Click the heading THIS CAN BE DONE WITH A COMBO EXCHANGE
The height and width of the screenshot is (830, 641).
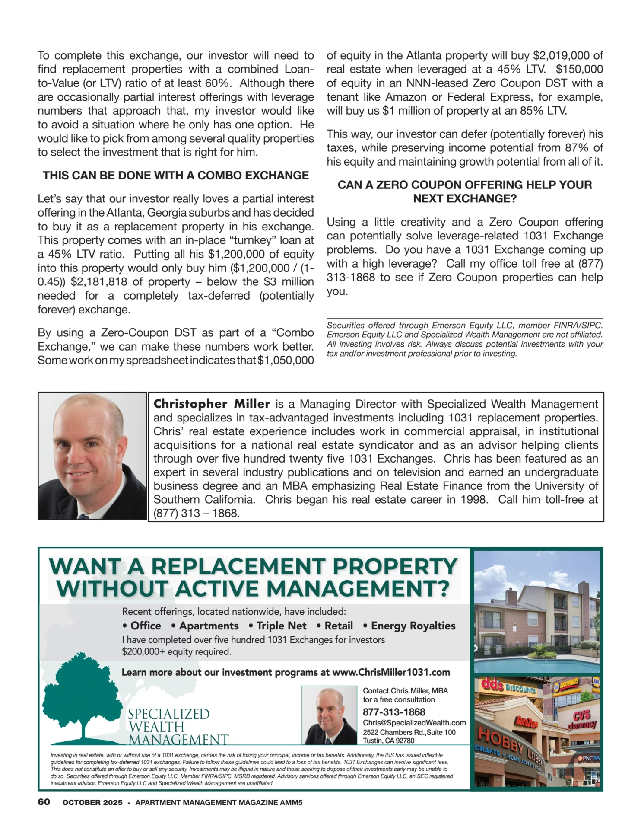tap(175, 176)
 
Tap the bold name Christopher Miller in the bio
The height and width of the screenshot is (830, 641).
tap(212, 404)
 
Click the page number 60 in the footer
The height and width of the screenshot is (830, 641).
tap(44, 802)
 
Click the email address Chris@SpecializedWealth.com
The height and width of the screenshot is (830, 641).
tap(414, 722)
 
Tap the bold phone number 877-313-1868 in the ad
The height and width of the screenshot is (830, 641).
tap(393, 712)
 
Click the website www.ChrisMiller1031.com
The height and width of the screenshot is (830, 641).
tap(391, 672)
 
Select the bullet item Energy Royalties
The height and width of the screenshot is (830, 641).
tap(413, 626)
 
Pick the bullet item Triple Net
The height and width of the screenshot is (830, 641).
tap(281, 626)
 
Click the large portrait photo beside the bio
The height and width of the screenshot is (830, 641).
tap(92, 456)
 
